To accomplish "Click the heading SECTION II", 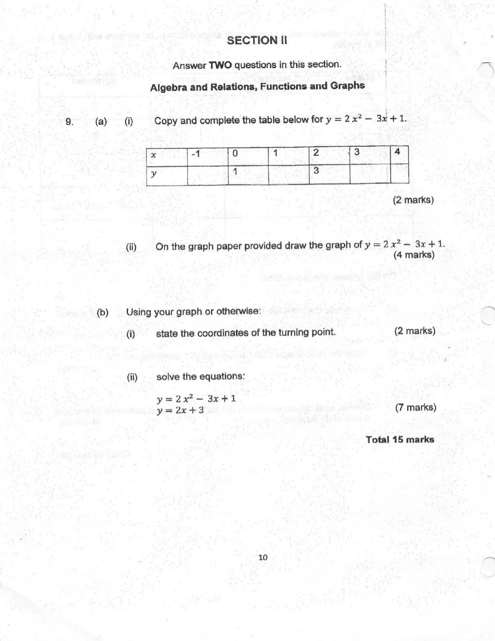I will [257, 41].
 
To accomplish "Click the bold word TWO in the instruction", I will [220, 65].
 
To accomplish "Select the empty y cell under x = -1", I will [207, 175].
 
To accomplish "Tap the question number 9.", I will [69, 122].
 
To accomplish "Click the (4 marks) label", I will [414, 255].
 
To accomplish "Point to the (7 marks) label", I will [415, 408].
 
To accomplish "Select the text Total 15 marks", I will [400, 439].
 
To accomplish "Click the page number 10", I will [263, 557].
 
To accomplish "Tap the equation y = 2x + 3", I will [180, 410].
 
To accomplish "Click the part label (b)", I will [102, 312].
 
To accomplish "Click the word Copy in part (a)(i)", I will [166, 121].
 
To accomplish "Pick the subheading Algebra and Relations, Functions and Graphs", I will [257, 87].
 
